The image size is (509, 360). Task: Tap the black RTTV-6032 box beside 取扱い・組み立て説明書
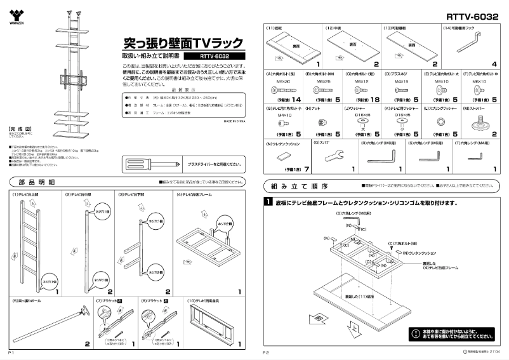click(x=214, y=56)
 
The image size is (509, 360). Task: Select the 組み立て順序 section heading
click(x=299, y=187)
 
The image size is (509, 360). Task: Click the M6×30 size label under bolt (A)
click(x=282, y=81)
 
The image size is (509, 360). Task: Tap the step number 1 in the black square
click(x=268, y=203)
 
